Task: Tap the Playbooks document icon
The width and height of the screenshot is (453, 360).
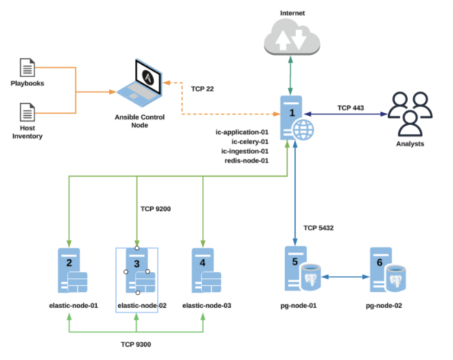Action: [27, 67]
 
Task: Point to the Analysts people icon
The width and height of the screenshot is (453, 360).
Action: [409, 113]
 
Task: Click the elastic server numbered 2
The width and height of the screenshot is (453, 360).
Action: [71, 271]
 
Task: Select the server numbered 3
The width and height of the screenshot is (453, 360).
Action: [138, 271]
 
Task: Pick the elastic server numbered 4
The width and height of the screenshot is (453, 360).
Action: [204, 271]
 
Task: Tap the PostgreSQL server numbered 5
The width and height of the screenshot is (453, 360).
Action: [297, 271]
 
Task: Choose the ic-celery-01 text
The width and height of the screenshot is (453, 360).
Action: [246, 141]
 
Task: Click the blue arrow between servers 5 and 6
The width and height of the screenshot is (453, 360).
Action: [340, 276]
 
